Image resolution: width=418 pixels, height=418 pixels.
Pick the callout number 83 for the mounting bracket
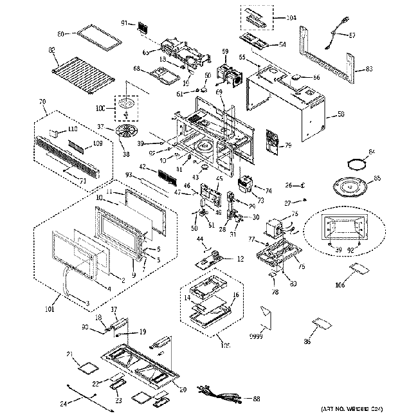point(368,69)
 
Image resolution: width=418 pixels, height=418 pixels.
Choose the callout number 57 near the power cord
point(351,36)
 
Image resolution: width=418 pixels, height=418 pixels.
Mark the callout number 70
point(42,102)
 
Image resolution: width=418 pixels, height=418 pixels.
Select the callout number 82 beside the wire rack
point(51,50)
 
